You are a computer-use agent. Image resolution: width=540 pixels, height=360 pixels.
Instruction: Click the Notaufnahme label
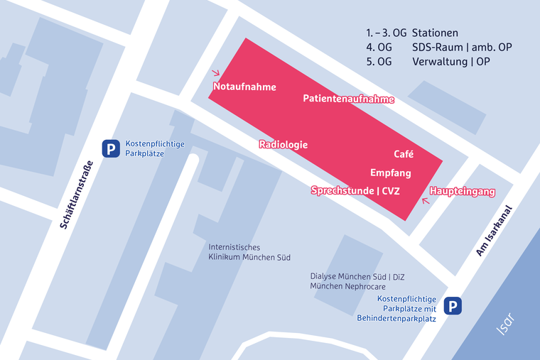pos(244,87)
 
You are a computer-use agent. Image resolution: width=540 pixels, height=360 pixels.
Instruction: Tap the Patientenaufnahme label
pos(348,99)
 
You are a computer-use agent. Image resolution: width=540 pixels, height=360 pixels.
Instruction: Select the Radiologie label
pos(283,144)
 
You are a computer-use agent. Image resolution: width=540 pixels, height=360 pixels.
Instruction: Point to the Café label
pos(404,154)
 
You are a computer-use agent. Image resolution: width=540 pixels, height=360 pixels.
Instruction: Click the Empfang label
pos(390,173)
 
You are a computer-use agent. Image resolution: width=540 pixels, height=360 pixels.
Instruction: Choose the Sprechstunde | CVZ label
pos(355,190)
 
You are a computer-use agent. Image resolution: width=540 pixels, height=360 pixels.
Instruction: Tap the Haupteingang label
pos(462,192)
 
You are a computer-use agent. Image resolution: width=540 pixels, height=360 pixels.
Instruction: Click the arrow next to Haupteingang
pos(426,201)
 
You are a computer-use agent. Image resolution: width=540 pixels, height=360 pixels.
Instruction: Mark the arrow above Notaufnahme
pos(217,72)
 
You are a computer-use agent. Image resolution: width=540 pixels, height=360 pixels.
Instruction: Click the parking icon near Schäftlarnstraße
pos(110,148)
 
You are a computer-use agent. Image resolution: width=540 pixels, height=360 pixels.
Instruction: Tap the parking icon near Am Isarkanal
pos(453,306)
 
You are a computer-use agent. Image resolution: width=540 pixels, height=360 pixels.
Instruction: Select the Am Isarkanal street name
pos(495,238)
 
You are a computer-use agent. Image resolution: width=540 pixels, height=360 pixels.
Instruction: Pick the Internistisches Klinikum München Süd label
pos(249,252)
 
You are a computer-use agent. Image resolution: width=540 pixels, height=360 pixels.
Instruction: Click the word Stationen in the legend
pos(435,33)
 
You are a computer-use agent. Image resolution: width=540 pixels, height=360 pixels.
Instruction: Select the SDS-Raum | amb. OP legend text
pos(462,48)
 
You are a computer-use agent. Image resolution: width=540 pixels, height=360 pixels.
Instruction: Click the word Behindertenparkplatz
pos(396,318)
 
